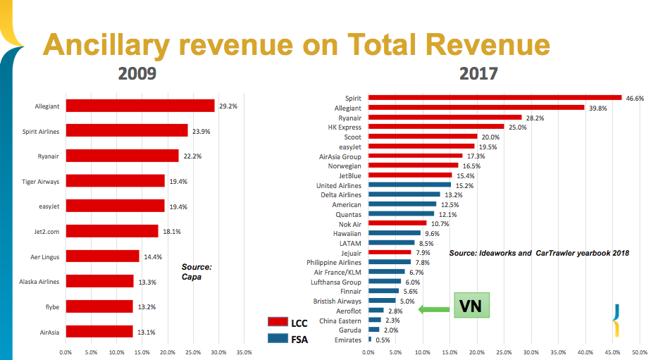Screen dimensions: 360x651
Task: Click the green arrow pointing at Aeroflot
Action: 433,309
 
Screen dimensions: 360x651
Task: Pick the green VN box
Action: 470,307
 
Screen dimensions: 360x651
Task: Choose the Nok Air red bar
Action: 398,223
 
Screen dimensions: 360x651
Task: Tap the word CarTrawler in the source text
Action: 560,252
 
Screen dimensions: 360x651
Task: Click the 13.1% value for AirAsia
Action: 147,332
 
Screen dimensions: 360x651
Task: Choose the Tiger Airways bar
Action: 115,181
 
